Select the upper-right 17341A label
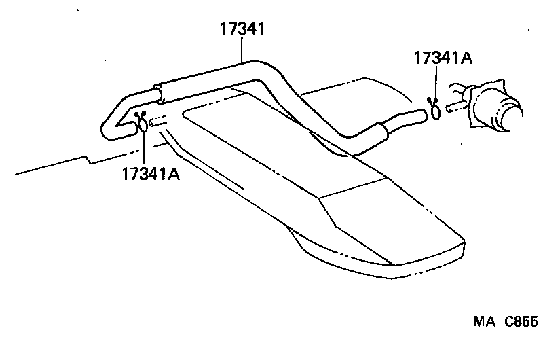(x=443, y=59)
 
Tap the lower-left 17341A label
(x=151, y=174)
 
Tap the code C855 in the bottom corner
(x=520, y=323)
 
